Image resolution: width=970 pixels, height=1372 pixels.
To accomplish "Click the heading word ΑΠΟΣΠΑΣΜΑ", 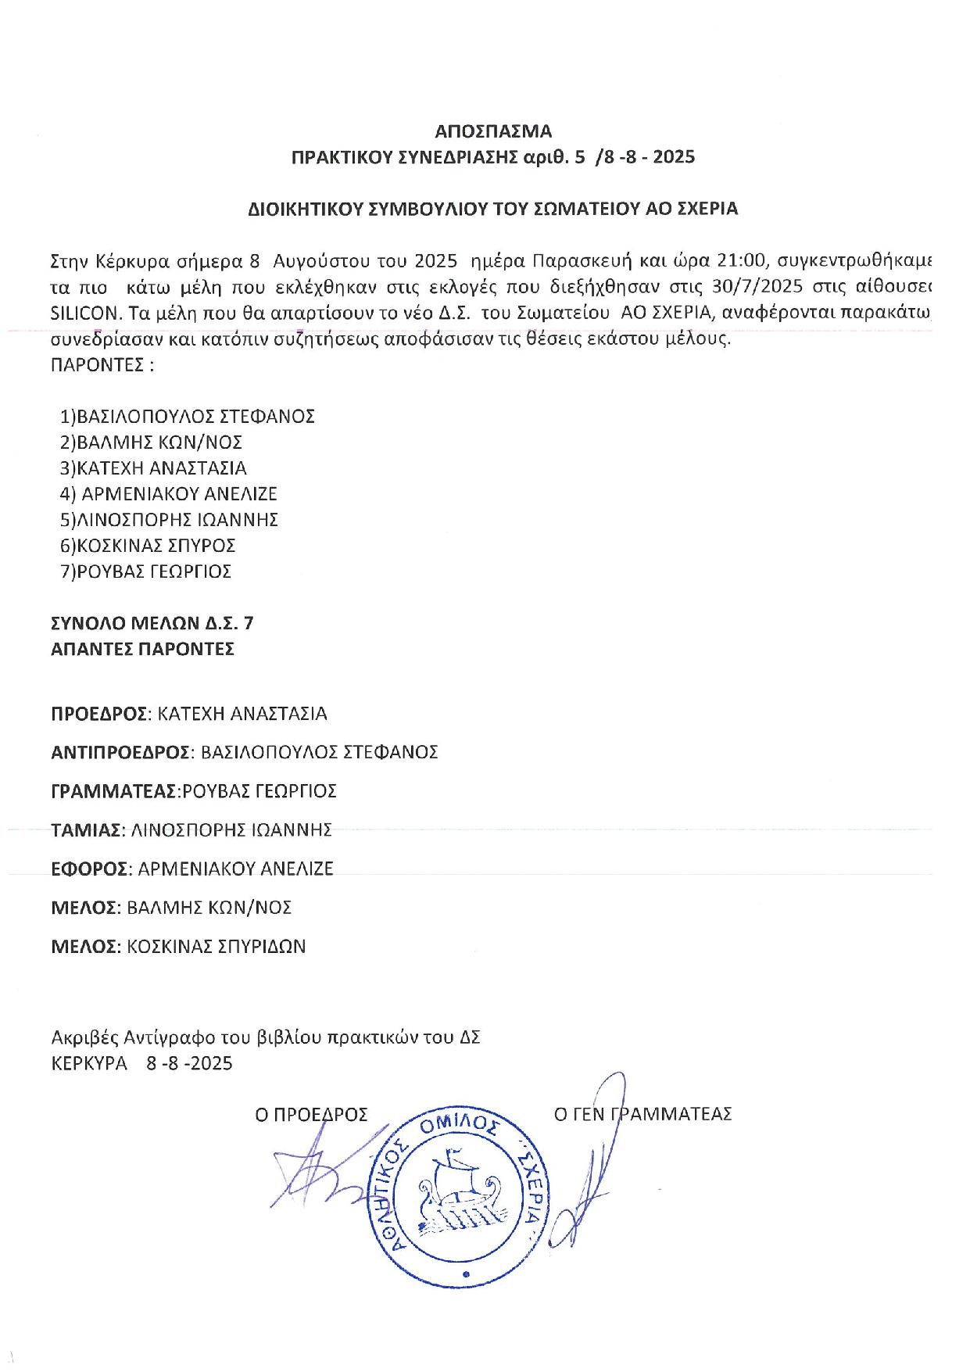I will click(x=492, y=130).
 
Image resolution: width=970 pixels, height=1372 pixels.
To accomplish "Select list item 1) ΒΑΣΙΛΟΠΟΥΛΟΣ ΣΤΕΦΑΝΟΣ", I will click(x=187, y=416).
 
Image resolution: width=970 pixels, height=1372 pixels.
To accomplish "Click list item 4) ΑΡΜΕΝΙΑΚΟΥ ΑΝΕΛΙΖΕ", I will click(x=168, y=494).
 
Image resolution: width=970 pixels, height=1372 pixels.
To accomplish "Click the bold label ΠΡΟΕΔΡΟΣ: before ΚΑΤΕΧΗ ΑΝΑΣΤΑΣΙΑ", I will click(x=99, y=714).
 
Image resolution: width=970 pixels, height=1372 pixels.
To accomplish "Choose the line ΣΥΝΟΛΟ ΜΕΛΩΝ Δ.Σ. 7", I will click(x=152, y=623).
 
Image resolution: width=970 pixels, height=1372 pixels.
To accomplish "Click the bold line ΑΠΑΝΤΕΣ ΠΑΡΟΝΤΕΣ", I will click(x=142, y=649).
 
